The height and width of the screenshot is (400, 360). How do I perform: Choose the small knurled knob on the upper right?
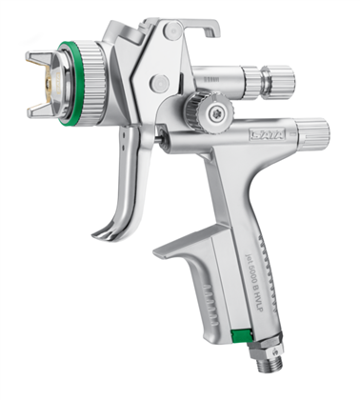pos(286,76)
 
